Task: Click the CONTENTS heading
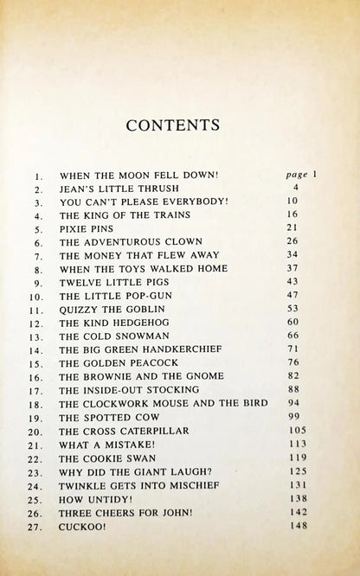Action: click(x=180, y=125)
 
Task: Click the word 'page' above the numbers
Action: click(x=297, y=173)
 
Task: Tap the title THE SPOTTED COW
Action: click(x=102, y=417)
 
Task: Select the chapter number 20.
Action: click(x=36, y=430)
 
